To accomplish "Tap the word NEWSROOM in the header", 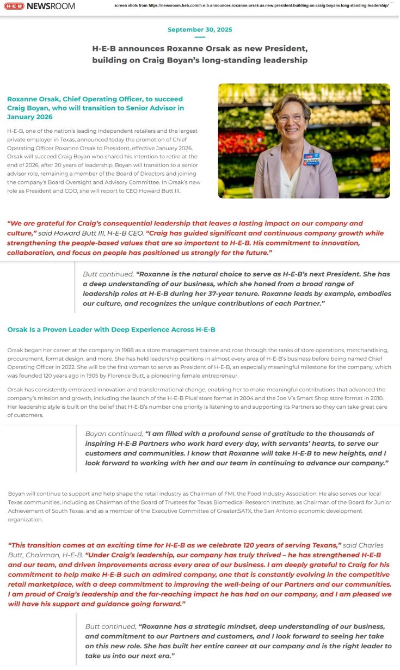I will pos(51,6).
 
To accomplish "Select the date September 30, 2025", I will pos(200,29).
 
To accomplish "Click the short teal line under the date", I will pos(200,37).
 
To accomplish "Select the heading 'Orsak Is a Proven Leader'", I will pos(111,330).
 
